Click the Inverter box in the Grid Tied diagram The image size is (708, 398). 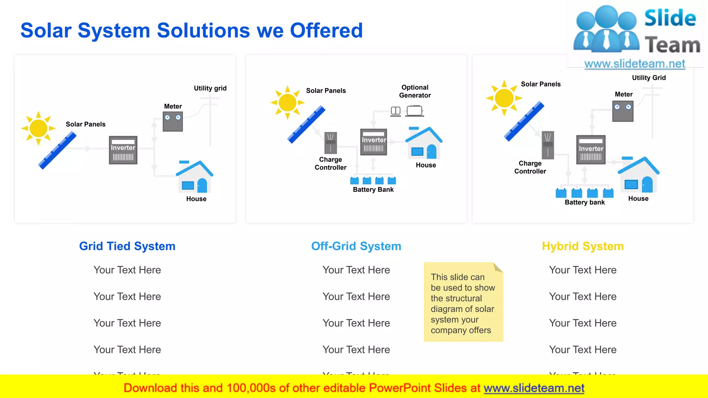(123, 150)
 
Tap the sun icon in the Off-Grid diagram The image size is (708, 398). (287, 103)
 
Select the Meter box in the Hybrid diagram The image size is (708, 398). (623, 111)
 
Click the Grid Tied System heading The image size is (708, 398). (127, 246)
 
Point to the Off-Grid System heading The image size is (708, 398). (356, 246)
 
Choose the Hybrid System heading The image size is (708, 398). (583, 246)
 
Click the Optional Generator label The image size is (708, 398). (415, 91)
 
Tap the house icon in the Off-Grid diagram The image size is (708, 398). (424, 143)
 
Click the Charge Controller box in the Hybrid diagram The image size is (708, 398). (548, 145)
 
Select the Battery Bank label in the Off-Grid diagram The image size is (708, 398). (373, 190)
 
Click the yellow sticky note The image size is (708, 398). (463, 302)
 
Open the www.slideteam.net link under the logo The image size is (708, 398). (635, 64)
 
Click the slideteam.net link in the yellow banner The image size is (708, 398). (534, 388)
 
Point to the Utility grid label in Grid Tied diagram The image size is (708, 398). (210, 88)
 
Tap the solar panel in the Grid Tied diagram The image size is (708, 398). (57, 151)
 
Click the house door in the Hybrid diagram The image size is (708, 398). (647, 184)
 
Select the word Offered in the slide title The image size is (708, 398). (326, 30)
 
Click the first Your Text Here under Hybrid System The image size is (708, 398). (583, 270)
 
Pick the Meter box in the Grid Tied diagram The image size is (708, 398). (173, 121)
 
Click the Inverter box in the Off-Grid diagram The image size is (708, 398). (373, 142)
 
